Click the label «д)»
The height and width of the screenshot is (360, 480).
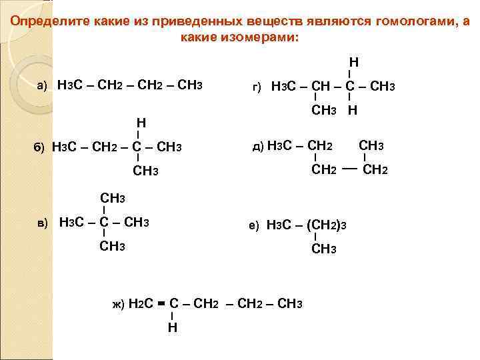[x=257, y=147]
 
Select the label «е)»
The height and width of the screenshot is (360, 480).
[x=253, y=226]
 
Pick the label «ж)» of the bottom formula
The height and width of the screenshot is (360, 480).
[x=118, y=305]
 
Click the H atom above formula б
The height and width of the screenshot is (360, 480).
[x=141, y=123]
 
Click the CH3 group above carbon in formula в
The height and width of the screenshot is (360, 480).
[x=113, y=198]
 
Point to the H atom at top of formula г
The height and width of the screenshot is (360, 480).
[x=354, y=62]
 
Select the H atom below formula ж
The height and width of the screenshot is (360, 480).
[x=172, y=328]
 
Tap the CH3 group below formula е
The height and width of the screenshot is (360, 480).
[x=324, y=249]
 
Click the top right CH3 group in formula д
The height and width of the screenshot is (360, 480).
[x=373, y=145]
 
